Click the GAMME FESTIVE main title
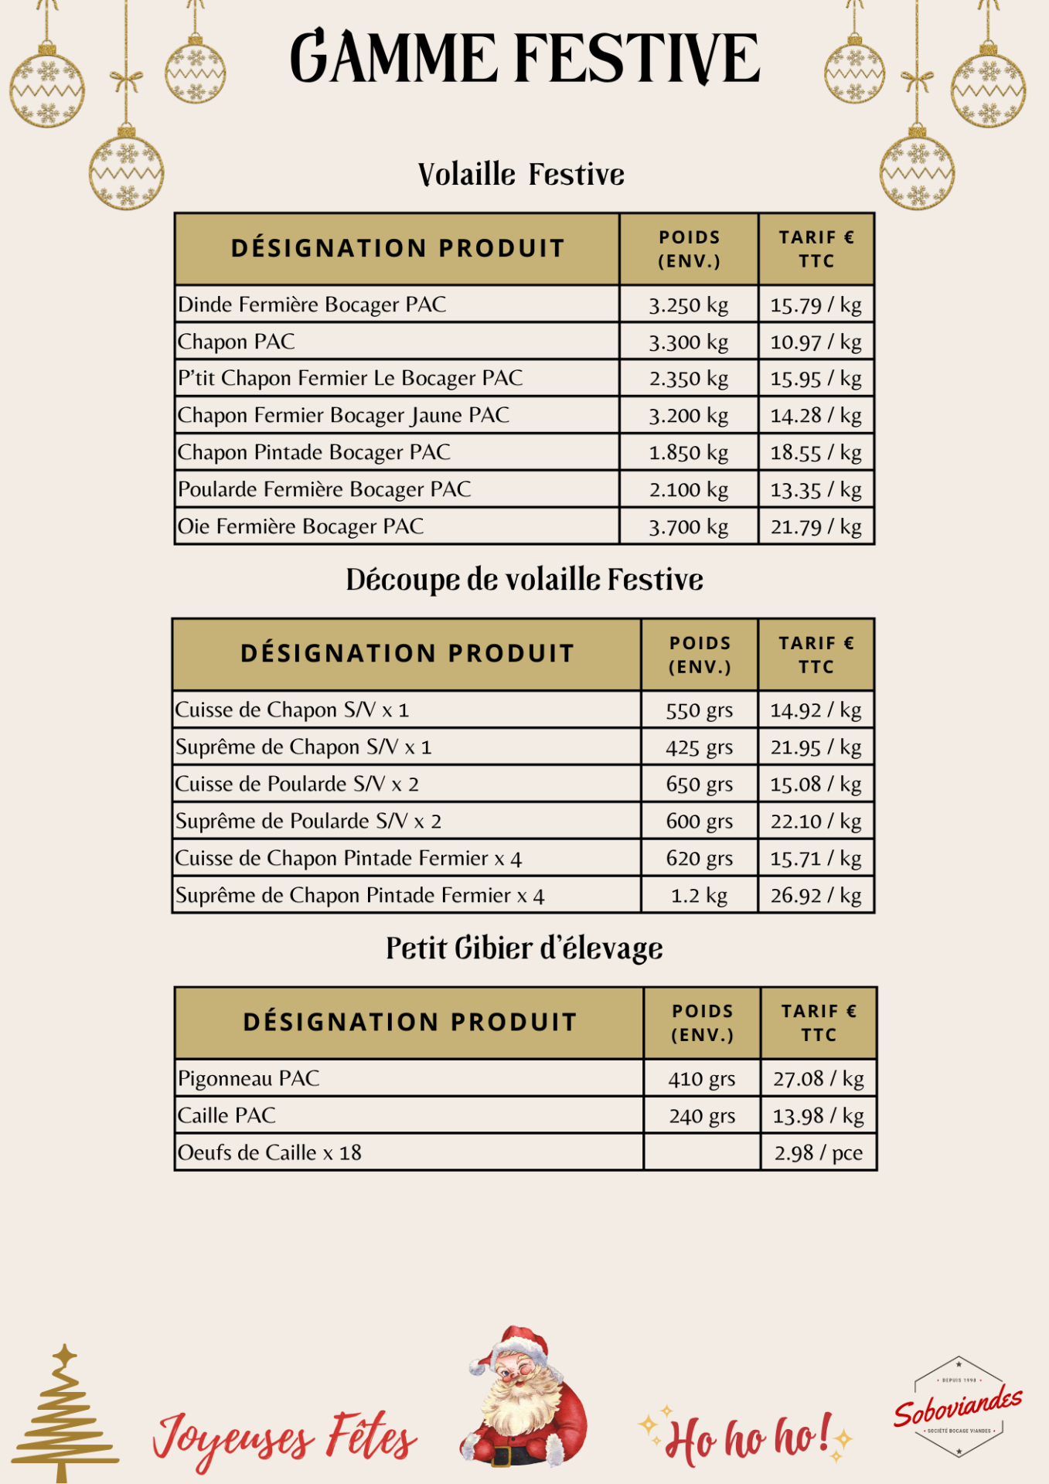525,58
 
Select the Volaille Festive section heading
521,175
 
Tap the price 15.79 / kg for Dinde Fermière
816,305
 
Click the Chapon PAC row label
237,342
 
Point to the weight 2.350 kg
688,379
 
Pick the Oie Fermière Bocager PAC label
301,526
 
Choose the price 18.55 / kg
816,453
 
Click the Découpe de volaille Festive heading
524,580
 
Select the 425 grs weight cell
699,747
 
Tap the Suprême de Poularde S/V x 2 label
308,821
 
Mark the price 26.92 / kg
816,896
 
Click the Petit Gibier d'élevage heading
524,948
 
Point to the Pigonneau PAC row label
249,1078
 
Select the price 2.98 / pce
818,1153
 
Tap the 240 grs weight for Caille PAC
701,1116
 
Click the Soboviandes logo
958,1406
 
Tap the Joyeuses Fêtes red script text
284,1439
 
